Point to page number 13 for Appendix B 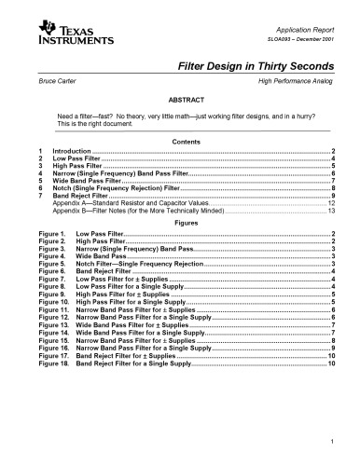tap(331, 212)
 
